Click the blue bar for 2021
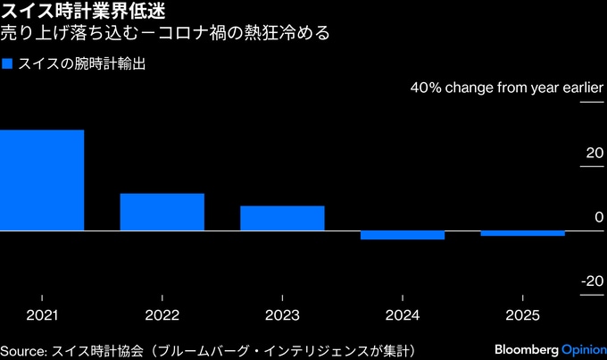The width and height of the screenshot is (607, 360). coord(42,180)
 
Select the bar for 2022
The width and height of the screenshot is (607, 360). coord(162,212)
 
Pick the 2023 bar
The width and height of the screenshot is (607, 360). coord(282,218)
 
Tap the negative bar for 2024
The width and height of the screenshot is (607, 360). coord(402,235)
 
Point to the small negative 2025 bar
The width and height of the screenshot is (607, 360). coord(522,233)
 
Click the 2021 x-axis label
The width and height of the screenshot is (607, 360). coord(42,315)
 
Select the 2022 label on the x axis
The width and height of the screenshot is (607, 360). coord(162,315)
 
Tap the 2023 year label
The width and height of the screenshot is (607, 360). coord(282,315)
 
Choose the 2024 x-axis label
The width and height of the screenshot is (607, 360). coord(402,315)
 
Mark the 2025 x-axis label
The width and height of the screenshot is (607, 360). coord(522,315)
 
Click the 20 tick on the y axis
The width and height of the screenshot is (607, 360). coord(595,154)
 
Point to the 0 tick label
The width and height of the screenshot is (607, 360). coord(600,218)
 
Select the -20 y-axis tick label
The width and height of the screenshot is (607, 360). coord(592,281)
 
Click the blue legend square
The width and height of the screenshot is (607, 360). coord(8,64)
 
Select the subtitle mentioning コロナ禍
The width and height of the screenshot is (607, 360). coord(165,35)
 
